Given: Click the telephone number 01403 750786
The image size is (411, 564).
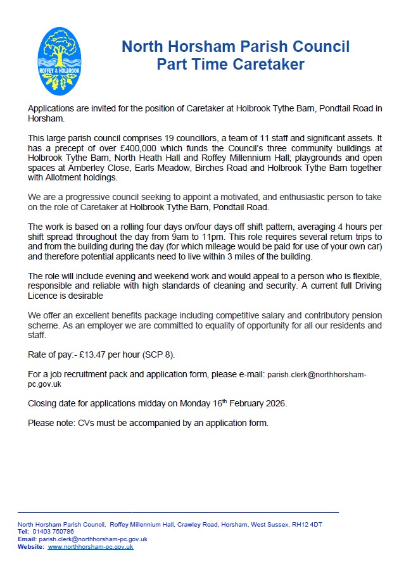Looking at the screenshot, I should point(58,532).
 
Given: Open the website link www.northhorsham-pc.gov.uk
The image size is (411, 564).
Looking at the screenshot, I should point(91,546).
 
